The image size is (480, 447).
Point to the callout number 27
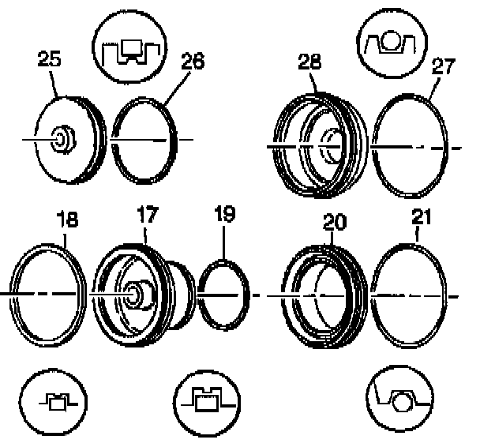coord(443,66)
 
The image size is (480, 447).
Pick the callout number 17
coord(147,214)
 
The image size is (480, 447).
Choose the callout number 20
coord(334,223)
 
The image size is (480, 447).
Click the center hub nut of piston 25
coord(63,141)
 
